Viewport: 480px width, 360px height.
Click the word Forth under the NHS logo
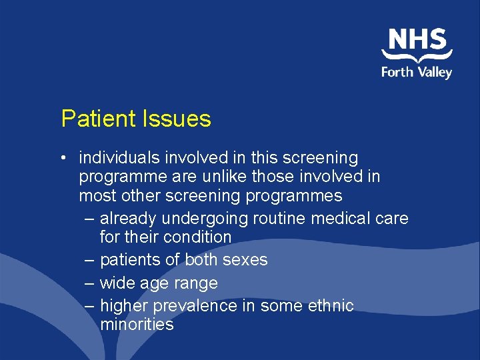(x=397, y=72)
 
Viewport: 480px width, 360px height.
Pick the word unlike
(x=229, y=177)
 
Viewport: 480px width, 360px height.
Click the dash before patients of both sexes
(x=90, y=260)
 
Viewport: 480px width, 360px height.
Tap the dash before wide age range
(x=90, y=283)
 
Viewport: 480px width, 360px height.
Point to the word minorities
(x=137, y=325)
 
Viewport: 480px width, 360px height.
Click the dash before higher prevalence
(x=90, y=306)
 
